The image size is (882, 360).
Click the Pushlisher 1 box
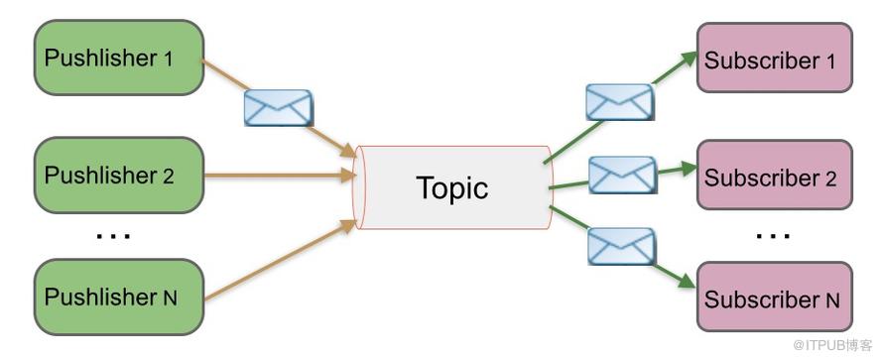pos(119,58)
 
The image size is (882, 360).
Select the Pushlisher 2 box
pos(119,175)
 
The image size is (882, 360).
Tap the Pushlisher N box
pos(119,297)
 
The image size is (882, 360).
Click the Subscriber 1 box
pos(775,58)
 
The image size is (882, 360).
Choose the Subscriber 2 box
pos(775,175)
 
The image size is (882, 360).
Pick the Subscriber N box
pos(775,297)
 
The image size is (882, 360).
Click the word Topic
pos(452,187)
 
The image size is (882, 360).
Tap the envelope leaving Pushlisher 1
pos(279,107)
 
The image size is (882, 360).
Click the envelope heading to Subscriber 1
pos(620,102)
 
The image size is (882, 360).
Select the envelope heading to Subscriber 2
pos(623,175)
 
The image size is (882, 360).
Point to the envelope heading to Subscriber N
pos(621,246)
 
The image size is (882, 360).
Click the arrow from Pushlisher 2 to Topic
pos(280,175)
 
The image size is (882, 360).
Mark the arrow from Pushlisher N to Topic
pos(280,260)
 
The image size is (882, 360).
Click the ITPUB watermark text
pos(833,345)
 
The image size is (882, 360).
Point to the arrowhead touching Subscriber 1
pos(689,58)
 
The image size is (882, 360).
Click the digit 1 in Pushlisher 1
pos(168,59)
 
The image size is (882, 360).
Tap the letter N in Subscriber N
pos(832,300)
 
